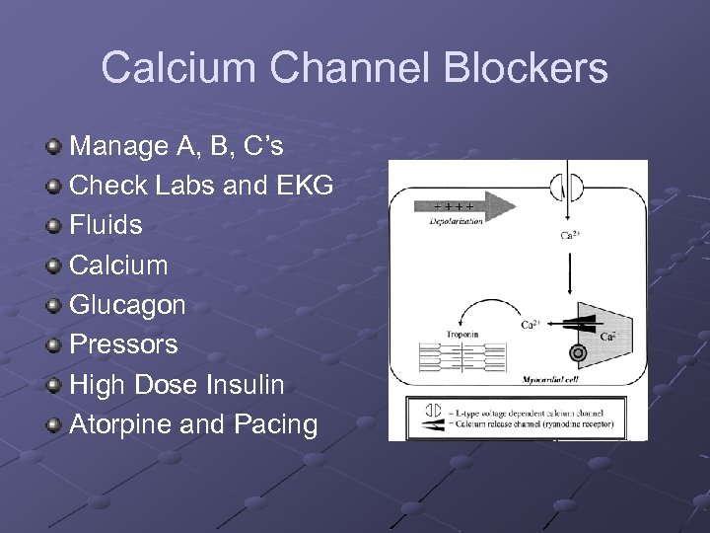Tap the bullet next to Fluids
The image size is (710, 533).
click(x=55, y=225)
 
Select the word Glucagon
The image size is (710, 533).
click(x=127, y=305)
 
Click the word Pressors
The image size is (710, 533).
click(x=123, y=344)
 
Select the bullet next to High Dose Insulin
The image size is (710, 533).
click(x=55, y=385)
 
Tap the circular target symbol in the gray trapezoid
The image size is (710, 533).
click(x=579, y=350)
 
